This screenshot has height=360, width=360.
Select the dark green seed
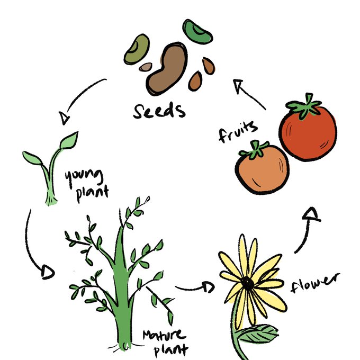(x=197, y=31)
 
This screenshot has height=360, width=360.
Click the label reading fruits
(x=238, y=131)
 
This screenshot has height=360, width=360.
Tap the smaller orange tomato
(x=262, y=170)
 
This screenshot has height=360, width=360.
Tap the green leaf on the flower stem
(x=259, y=334)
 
